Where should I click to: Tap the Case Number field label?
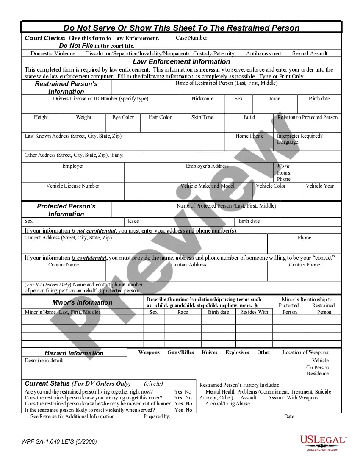tap(191, 38)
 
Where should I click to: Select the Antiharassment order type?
tap(264, 54)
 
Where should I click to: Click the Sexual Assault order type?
tap(310, 54)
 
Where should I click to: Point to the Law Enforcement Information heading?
tap(181, 62)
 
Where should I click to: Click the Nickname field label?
tap(202, 99)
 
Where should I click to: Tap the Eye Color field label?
tap(123, 117)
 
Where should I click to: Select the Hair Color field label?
tap(160, 117)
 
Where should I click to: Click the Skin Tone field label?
tap(202, 117)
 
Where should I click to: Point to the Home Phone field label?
tap(249, 136)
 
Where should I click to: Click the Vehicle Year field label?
tap(320, 186)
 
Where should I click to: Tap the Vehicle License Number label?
tap(73, 186)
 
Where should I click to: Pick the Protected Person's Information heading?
tap(66, 210)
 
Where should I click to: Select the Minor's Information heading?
tap(82, 302)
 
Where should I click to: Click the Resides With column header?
tap(254, 312)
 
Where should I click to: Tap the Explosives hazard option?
tap(237, 352)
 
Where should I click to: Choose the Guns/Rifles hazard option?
tap(181, 352)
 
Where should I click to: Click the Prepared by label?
tap(157, 416)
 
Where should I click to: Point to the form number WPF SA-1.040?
tap(59, 441)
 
